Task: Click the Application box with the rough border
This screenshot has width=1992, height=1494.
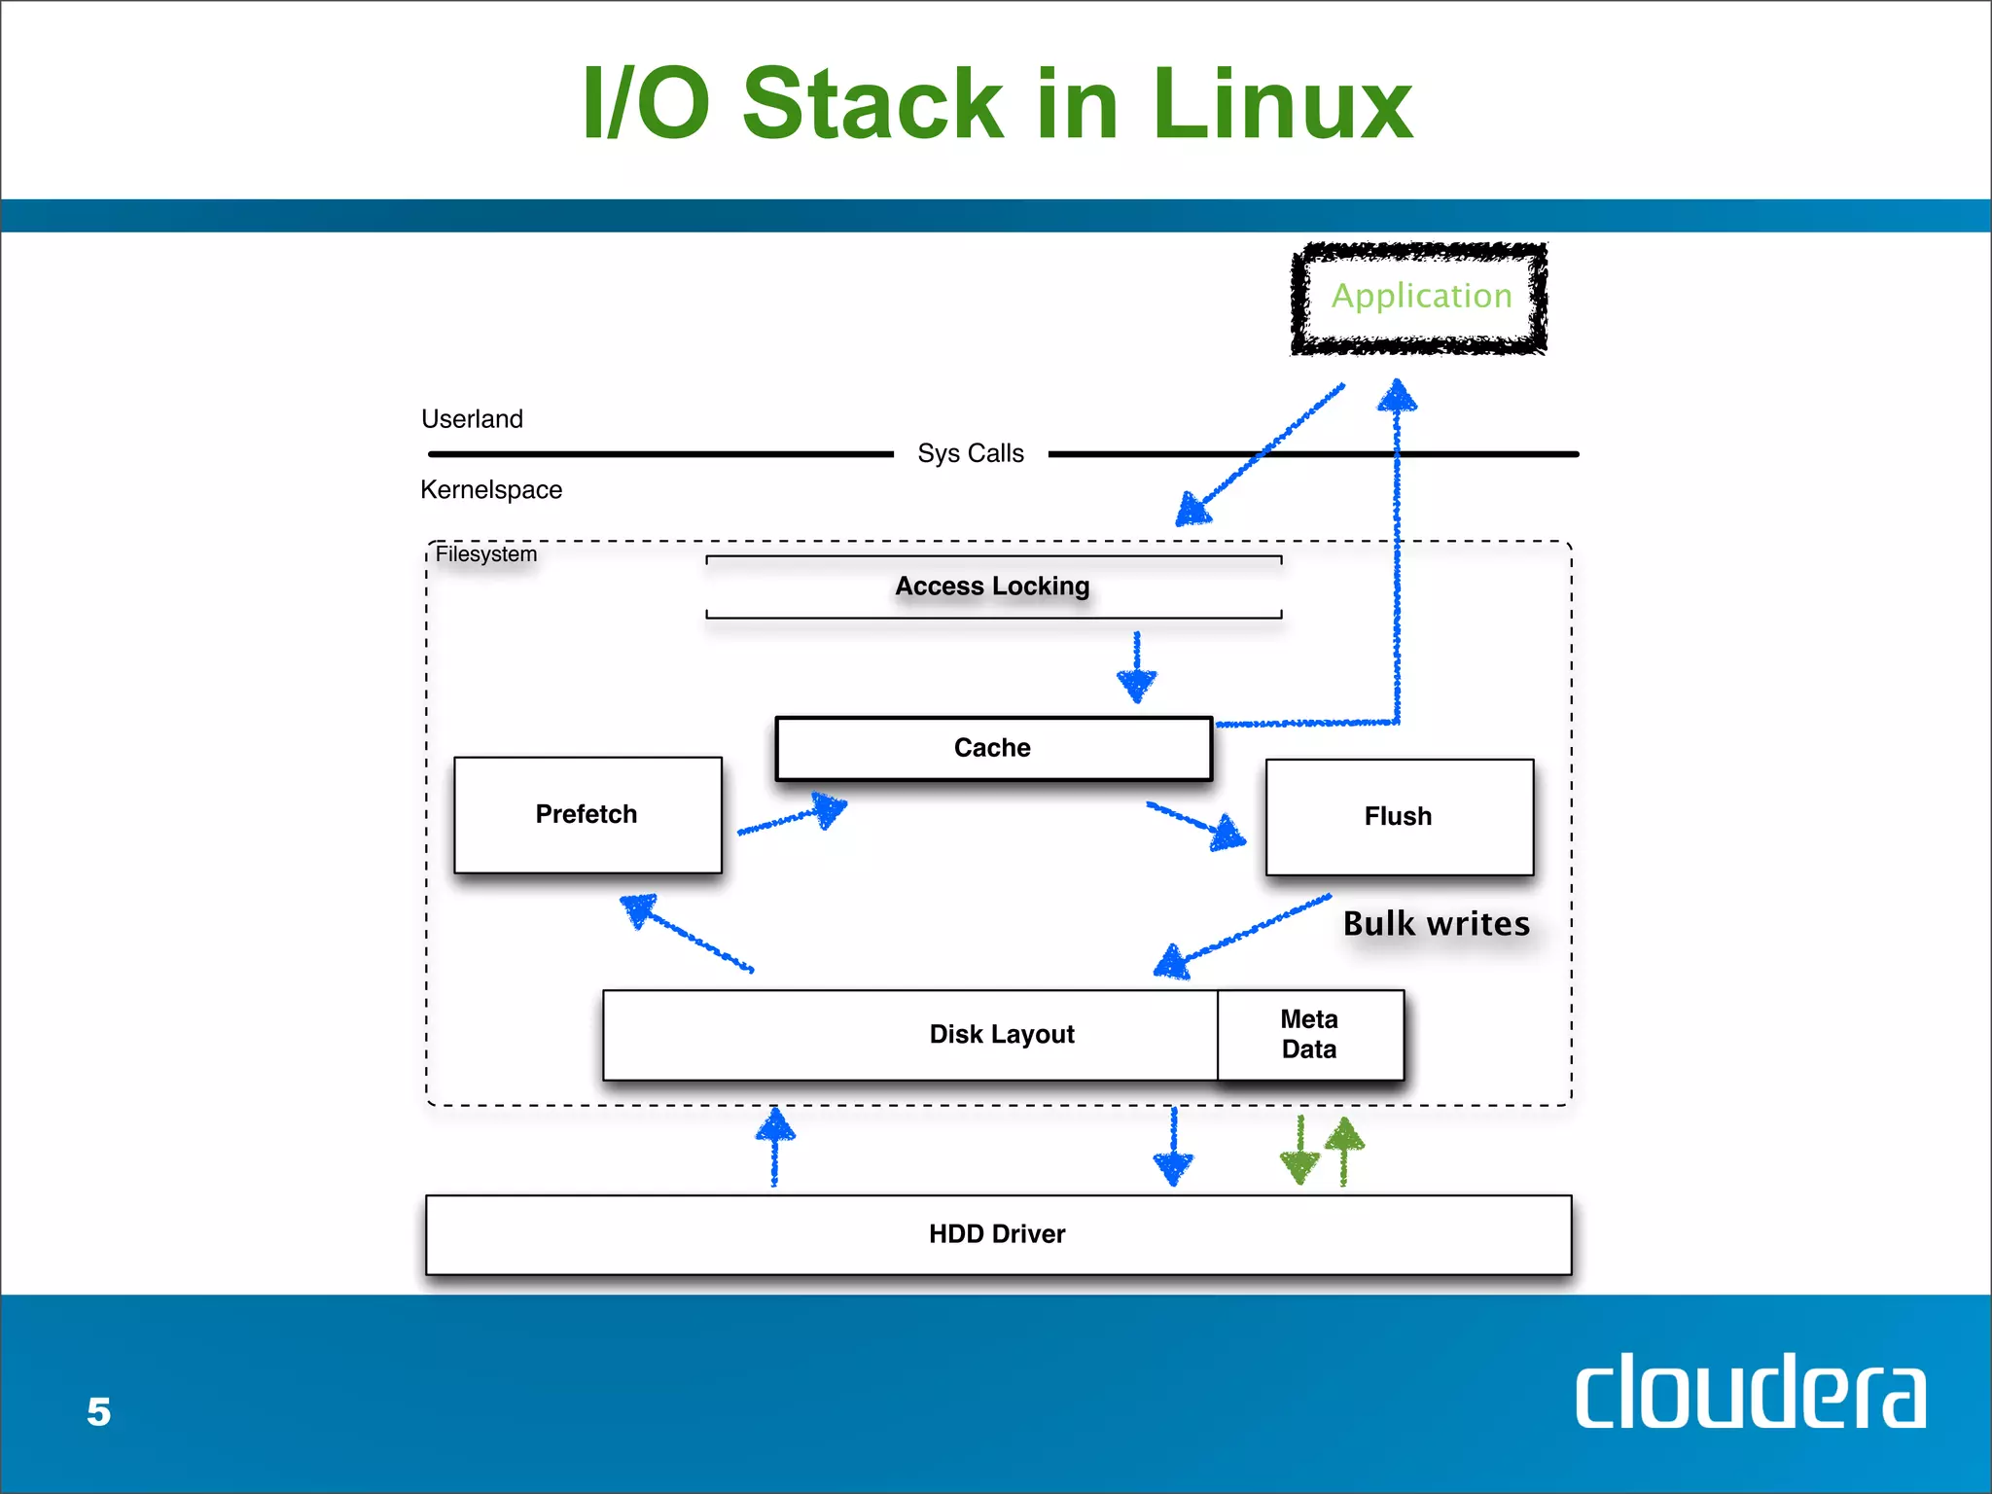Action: point(1420,297)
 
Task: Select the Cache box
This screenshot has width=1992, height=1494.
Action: point(993,748)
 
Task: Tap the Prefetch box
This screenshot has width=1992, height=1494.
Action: point(587,815)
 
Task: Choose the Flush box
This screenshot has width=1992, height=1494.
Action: point(1399,817)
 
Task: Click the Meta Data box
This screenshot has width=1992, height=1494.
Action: point(1309,1034)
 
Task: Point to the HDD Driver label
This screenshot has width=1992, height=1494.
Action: point(997,1234)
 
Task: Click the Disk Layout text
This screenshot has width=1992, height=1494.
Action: point(1002,1034)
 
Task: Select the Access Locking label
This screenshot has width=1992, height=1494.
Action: point(992,587)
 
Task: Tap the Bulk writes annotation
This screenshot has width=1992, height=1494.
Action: point(1437,924)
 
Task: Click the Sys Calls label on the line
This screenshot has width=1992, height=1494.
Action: point(971,453)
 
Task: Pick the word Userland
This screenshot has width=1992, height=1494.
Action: point(472,419)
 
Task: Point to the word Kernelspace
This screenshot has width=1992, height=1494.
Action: point(491,490)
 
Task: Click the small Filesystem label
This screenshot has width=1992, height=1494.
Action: point(485,554)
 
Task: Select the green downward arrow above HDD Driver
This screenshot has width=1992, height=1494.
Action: point(1300,1152)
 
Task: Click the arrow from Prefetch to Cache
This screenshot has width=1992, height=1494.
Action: point(793,818)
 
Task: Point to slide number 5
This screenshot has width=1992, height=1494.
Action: point(99,1412)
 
